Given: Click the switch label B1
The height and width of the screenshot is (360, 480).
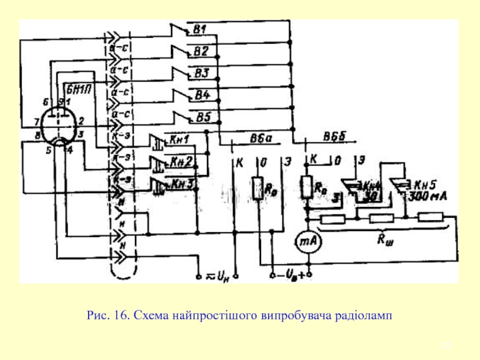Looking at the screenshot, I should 200,29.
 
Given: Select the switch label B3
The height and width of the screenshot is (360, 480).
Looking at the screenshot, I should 200,73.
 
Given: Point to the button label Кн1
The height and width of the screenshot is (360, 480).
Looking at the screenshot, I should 179,140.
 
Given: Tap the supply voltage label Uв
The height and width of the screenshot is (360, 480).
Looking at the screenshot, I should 291,277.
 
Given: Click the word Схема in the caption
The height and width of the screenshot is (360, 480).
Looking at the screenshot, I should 147,314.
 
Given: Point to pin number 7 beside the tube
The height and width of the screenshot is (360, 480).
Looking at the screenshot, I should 37,121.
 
